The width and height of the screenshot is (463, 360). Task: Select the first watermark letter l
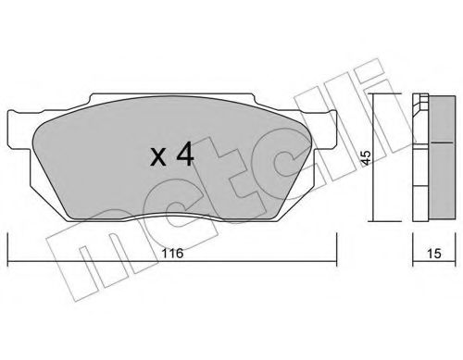pyautogui.click(x=306, y=102)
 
